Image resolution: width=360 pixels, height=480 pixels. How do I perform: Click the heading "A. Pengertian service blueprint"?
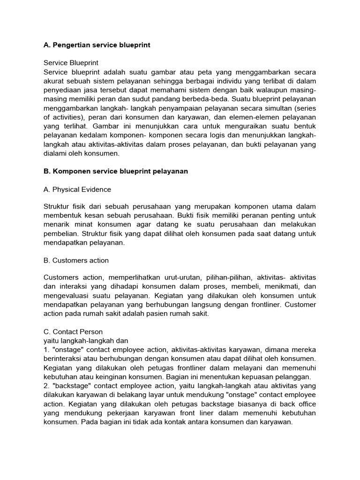click(97, 45)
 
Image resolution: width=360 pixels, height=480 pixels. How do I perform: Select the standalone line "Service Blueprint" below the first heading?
click(71, 63)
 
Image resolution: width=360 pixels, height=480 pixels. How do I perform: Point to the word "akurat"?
click(54, 81)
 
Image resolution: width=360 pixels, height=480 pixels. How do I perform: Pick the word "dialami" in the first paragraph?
click(56, 153)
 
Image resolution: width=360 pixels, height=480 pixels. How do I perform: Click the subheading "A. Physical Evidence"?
click(77, 189)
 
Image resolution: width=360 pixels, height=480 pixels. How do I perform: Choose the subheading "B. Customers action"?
click(76, 260)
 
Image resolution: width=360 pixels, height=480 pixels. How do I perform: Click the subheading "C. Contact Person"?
click(73, 332)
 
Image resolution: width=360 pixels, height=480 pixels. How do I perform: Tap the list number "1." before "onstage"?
click(46, 350)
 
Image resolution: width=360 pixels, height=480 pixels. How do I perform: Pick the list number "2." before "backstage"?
click(46, 386)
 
